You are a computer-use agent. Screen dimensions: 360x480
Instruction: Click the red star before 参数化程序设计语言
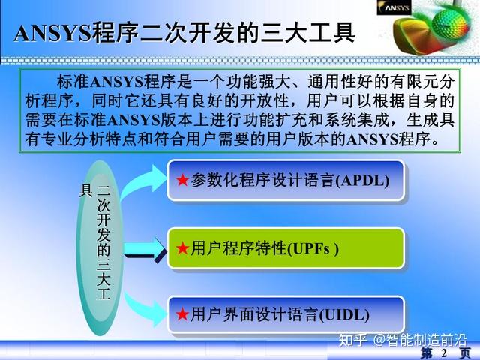coord(182,180)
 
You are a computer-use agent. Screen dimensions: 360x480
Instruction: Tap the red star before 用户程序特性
coord(182,247)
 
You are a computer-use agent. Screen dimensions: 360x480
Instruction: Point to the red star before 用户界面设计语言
coord(182,314)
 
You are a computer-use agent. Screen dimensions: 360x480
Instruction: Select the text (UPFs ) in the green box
coord(313,247)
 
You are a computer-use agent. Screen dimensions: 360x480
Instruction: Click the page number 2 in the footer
coord(444,352)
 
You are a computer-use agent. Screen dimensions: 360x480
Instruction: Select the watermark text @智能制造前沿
coord(420,340)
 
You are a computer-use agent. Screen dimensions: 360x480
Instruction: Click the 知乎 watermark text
coord(352,340)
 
